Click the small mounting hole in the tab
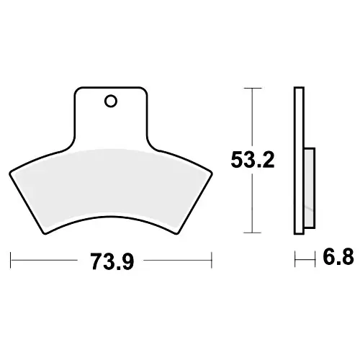coord(111,102)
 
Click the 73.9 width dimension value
coord(112,262)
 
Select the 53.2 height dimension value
coord(253,160)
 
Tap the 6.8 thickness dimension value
coord(338,256)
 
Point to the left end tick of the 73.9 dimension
coord(11,260)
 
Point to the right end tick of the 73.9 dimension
coord(212,260)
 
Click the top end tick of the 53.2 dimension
coord(252,89)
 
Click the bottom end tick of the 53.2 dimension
coord(252,233)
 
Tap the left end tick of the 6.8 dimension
coord(295,259)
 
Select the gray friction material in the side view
coord(310,188)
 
